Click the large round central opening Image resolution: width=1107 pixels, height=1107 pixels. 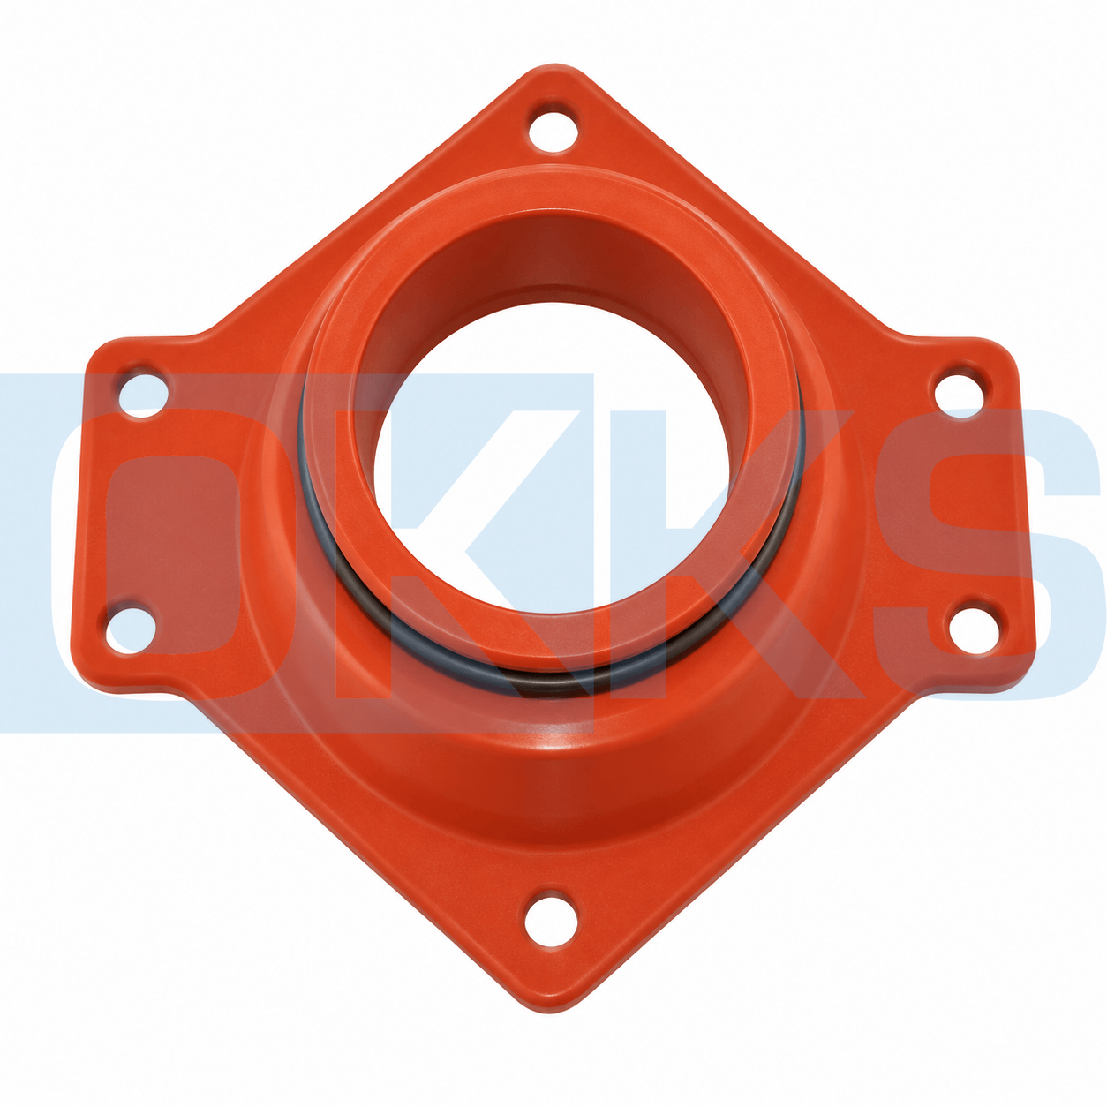[x=552, y=460]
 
